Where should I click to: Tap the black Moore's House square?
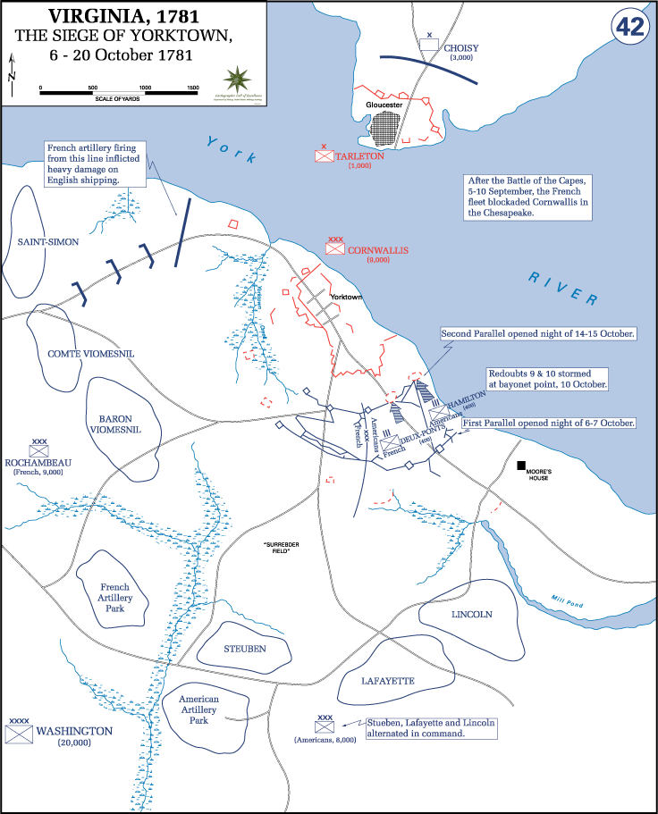520,466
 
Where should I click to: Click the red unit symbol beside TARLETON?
324,155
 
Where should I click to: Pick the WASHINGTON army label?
74,730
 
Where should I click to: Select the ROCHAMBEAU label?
38,462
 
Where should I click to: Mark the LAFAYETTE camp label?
388,680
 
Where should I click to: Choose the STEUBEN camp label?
244,648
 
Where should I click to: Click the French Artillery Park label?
114,598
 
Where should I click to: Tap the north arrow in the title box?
12,75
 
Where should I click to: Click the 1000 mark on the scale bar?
145,88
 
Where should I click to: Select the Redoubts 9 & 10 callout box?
547,378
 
